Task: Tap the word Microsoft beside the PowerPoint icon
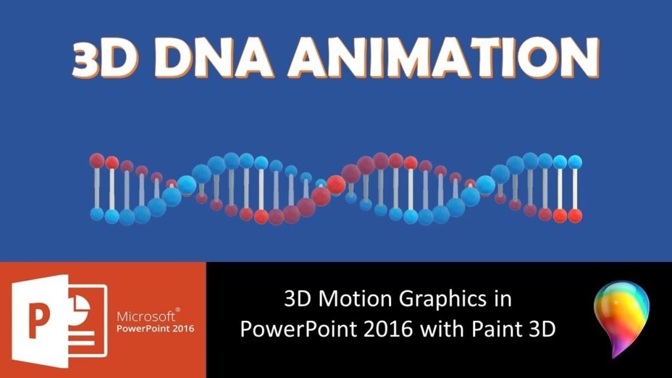click(x=147, y=315)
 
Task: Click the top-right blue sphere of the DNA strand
click(x=575, y=161)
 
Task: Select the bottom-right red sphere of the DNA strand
click(x=576, y=215)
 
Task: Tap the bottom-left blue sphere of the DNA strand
click(x=97, y=214)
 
